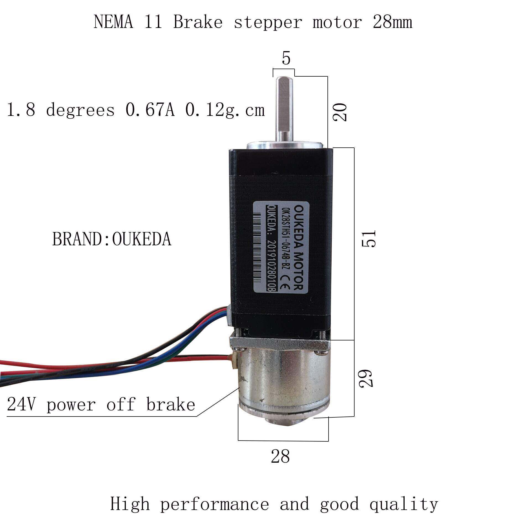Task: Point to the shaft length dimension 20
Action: tap(340, 112)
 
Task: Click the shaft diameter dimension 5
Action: tap(286, 59)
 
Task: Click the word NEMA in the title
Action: tap(113, 22)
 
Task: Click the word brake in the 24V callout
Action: tap(171, 405)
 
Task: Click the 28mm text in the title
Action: tap(392, 22)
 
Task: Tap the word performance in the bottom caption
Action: tap(214, 504)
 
